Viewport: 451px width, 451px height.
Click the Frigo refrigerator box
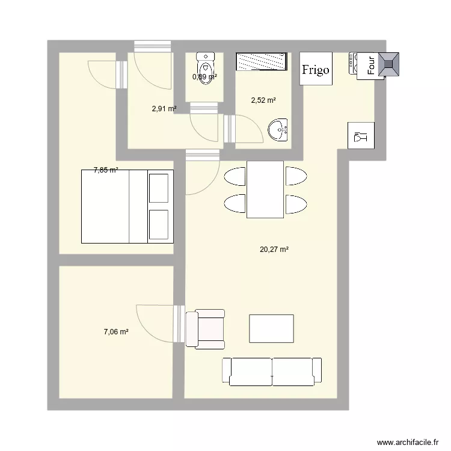pos(316,69)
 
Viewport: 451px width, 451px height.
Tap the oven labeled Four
pos(369,64)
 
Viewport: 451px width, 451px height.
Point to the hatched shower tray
pos(261,62)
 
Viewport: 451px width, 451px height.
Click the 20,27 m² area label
pos(270,249)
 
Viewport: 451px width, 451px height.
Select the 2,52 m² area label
pos(263,100)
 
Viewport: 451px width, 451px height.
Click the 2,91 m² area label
pos(164,109)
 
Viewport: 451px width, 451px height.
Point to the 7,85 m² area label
pos(106,170)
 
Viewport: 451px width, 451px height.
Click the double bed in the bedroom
pos(126,206)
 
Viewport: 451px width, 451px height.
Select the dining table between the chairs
pos(265,189)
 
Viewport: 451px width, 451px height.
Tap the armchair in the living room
pos(205,329)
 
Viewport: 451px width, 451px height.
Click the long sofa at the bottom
pos(272,371)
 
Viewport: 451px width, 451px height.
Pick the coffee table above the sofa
pos(271,328)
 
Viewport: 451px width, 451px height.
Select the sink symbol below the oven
pos(361,135)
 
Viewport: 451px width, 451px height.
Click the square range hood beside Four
pos(388,64)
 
